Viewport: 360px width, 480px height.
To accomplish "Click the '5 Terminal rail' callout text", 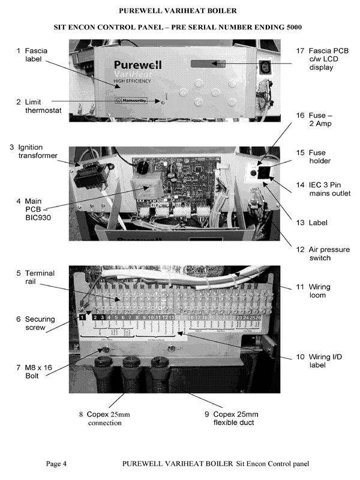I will point(36,278).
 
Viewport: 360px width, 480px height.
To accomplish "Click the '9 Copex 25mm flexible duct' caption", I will point(231,418).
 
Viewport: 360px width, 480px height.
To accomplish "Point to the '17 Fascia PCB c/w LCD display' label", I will point(317,60).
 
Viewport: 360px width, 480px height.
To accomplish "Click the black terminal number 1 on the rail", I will point(82,316).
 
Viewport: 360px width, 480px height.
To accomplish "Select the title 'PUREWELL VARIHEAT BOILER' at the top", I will point(178,11).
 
